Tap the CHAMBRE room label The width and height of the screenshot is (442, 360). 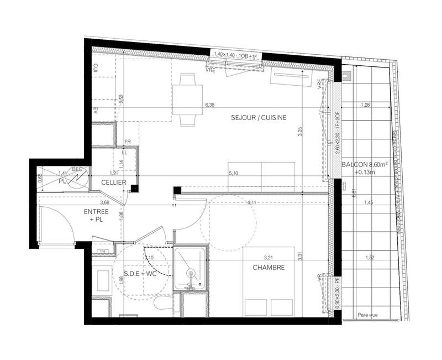click(269, 268)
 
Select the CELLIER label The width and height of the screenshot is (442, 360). click(113, 182)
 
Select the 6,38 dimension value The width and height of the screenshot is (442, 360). click(209, 104)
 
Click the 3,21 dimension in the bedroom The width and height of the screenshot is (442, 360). click(269, 257)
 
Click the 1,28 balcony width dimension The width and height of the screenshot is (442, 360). click(365, 105)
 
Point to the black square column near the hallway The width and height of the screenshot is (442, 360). click(176, 191)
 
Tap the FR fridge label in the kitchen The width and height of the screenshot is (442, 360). click(126, 142)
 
